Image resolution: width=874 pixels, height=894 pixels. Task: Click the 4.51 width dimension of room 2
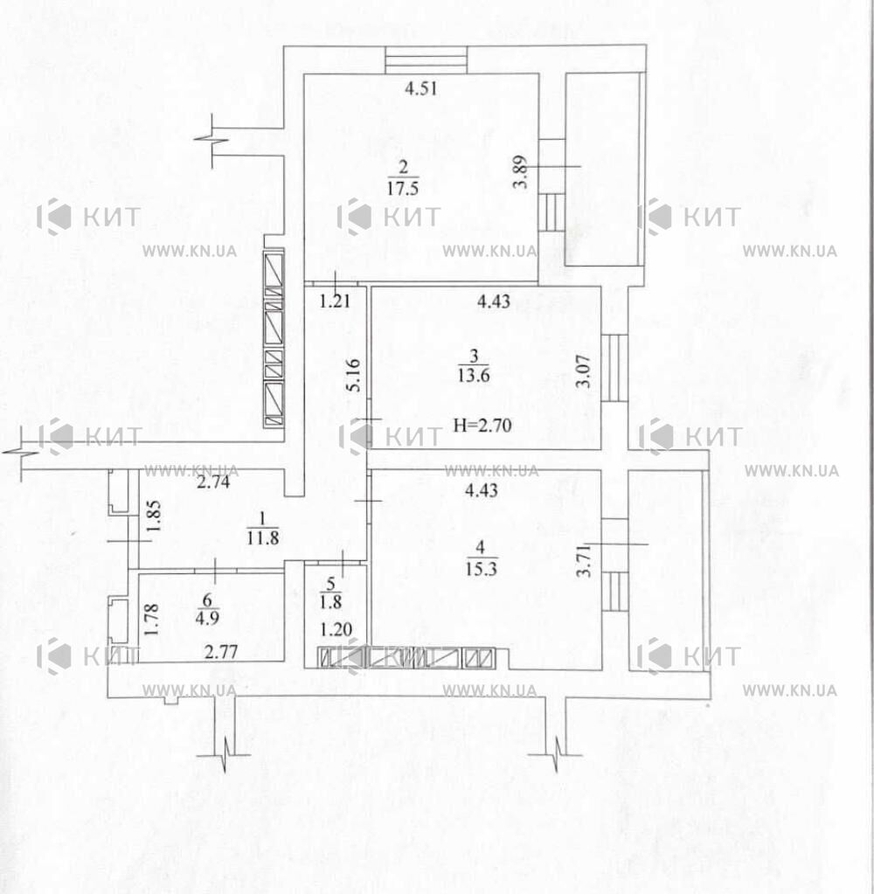pyautogui.click(x=420, y=88)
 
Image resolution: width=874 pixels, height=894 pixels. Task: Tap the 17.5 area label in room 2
pyautogui.click(x=403, y=188)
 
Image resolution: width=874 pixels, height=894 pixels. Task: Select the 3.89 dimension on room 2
pyautogui.click(x=520, y=171)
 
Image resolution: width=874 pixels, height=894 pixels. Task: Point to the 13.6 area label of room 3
pyautogui.click(x=473, y=375)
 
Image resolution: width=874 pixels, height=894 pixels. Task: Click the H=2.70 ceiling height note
pyautogui.click(x=482, y=426)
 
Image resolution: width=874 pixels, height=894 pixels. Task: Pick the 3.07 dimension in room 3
pyautogui.click(x=583, y=371)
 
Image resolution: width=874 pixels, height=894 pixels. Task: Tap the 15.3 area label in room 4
pyautogui.click(x=482, y=568)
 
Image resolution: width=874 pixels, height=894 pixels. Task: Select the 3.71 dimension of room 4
pyautogui.click(x=583, y=561)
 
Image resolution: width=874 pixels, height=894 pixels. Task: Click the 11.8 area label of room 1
pyautogui.click(x=263, y=537)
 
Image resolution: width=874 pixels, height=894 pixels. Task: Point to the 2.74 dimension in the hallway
pyautogui.click(x=213, y=482)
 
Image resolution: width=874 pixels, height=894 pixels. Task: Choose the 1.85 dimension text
pyautogui.click(x=153, y=516)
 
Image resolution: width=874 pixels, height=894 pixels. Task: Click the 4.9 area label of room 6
pyautogui.click(x=207, y=618)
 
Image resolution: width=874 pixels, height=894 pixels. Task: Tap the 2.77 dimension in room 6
pyautogui.click(x=220, y=651)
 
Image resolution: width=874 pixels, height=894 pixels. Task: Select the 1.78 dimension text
pyautogui.click(x=150, y=620)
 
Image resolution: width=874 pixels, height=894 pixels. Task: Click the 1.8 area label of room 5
pyautogui.click(x=330, y=602)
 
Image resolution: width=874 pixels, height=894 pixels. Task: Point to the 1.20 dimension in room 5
pyautogui.click(x=336, y=629)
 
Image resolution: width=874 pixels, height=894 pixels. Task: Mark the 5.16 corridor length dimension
pyautogui.click(x=353, y=375)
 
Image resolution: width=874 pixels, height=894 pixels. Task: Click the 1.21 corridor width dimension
pyautogui.click(x=335, y=301)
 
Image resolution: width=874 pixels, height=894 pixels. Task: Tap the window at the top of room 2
pyautogui.click(x=426, y=60)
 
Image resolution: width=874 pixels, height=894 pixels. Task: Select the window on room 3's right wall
pyautogui.click(x=614, y=368)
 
